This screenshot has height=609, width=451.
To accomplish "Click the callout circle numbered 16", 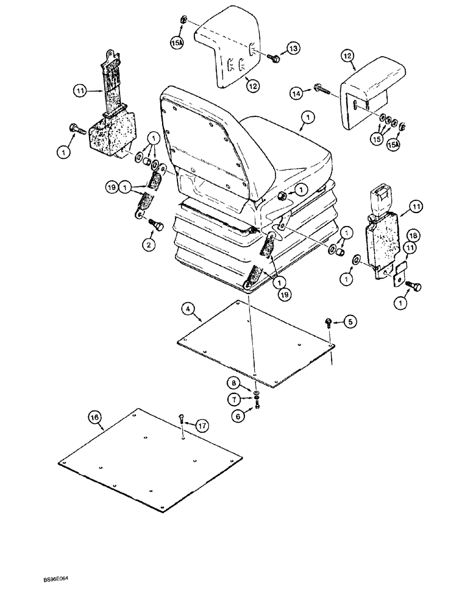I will click(x=94, y=417).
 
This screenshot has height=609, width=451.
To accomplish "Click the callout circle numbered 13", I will click(x=294, y=48).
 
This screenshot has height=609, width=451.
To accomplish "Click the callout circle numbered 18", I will click(x=413, y=235).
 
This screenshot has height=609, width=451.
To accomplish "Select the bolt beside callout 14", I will click(x=318, y=89).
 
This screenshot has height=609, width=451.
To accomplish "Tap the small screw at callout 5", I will click(x=328, y=322).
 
